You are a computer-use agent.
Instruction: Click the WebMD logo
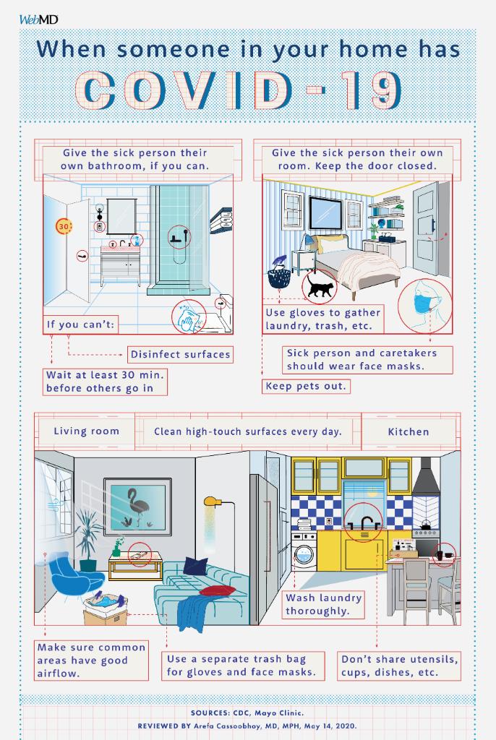click(x=39, y=20)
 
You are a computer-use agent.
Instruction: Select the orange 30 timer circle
click(x=64, y=226)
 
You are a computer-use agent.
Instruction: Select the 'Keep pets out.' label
click(x=306, y=386)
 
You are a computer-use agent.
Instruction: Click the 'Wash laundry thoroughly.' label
click(x=324, y=605)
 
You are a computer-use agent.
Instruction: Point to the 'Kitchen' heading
click(x=409, y=432)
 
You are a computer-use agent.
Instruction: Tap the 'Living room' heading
click(x=87, y=431)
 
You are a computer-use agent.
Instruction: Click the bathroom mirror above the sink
click(x=121, y=216)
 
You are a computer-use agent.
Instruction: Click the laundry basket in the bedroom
click(x=279, y=278)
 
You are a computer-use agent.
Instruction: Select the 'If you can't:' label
click(x=80, y=324)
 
